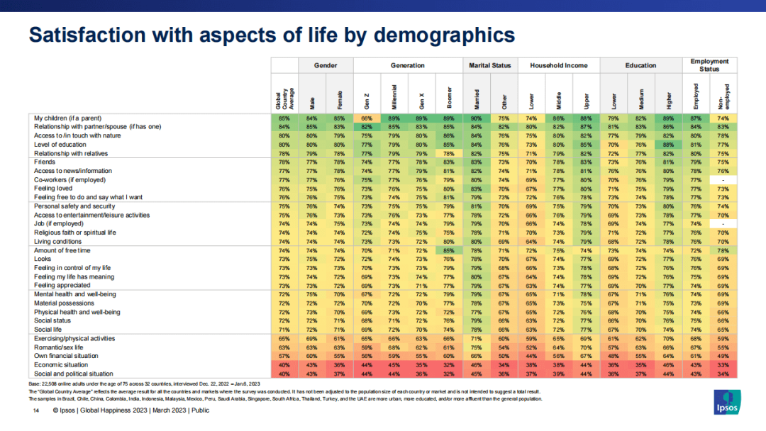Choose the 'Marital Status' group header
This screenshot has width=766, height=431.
(490, 65)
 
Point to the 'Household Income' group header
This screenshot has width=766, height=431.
(559, 65)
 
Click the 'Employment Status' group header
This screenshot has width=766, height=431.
(709, 65)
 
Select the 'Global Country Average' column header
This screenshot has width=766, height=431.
(284, 92)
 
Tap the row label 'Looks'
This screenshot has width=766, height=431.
(42, 260)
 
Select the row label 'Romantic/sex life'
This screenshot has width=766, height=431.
(59, 347)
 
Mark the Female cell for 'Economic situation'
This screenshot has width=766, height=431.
(338, 365)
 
